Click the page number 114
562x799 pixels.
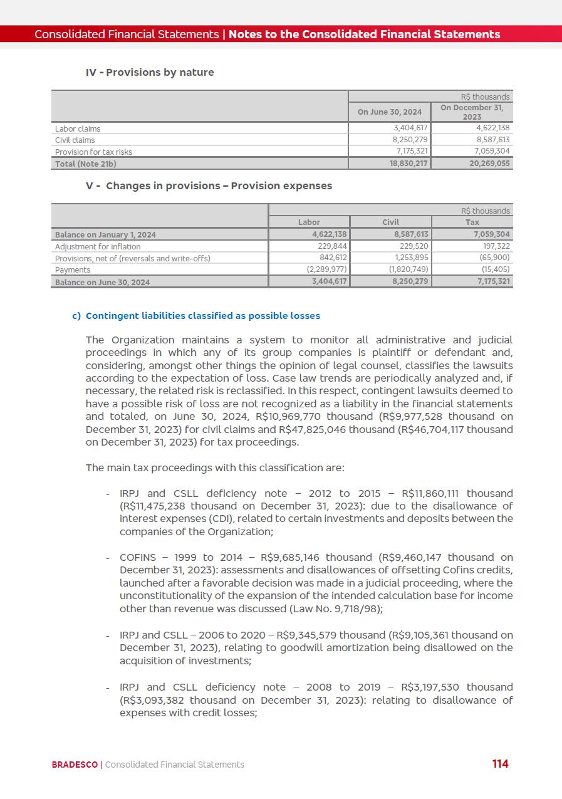click(500, 764)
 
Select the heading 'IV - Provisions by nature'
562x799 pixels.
click(150, 73)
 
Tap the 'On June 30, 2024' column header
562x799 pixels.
click(389, 112)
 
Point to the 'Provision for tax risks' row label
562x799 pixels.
click(93, 152)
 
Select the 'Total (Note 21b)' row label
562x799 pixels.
click(86, 164)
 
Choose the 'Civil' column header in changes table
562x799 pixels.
click(390, 222)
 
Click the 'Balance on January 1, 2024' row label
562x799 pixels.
click(105, 234)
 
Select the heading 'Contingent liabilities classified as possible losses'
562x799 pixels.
click(202, 316)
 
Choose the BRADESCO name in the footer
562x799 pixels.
click(75, 765)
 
